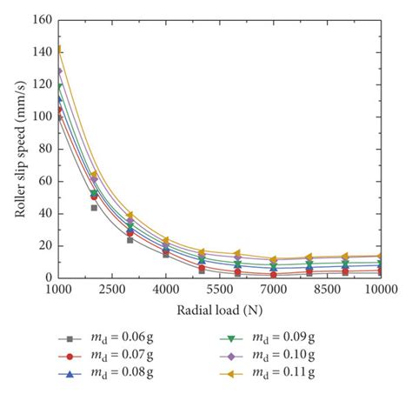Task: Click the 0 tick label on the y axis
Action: [x=47, y=277]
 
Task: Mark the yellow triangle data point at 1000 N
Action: [x=58, y=50]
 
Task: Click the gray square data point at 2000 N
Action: [x=94, y=208]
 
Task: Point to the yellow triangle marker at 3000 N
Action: [x=130, y=215]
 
